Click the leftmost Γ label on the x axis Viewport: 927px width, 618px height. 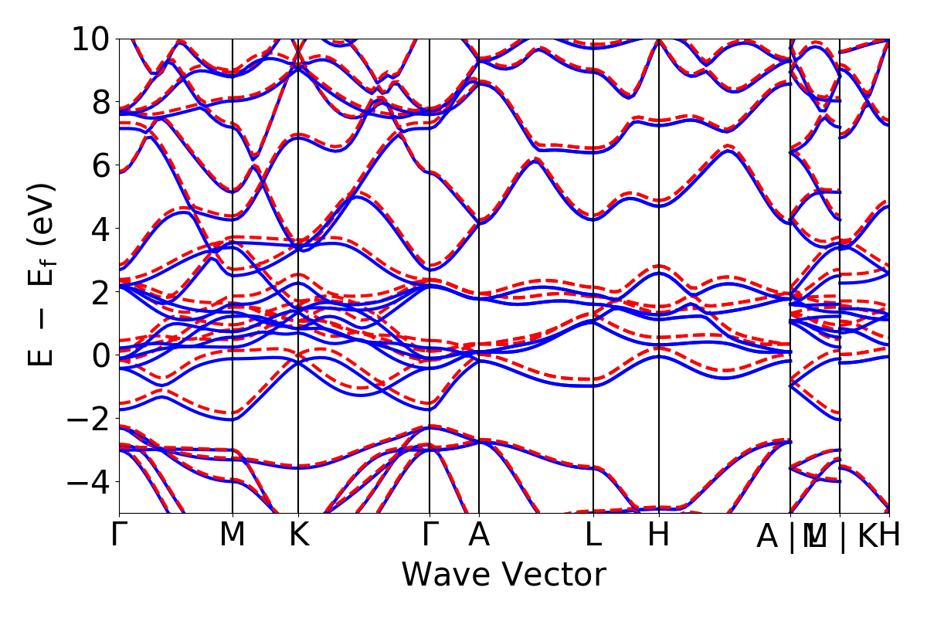point(119,535)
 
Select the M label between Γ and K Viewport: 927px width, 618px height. point(233,535)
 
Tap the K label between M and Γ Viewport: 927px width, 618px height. point(298,535)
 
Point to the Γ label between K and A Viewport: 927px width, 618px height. point(430,535)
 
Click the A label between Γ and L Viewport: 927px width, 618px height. point(479,535)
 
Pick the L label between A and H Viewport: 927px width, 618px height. point(593,535)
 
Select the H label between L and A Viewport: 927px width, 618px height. point(658,535)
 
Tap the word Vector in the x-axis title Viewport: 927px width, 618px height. point(554,576)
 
